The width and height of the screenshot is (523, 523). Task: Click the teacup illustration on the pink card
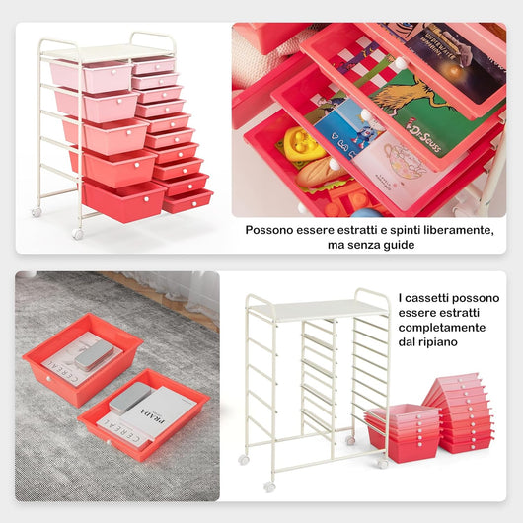pyautogui.click(x=404, y=160)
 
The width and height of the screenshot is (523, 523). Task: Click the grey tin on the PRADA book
pyautogui.click(x=129, y=396)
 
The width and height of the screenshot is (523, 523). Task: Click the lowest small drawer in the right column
pyautogui.click(x=187, y=201)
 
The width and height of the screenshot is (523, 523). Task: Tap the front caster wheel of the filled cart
pyautogui.click(x=77, y=234)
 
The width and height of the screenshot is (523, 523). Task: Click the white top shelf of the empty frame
pyautogui.click(x=317, y=309)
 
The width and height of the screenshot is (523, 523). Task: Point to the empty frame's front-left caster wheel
pyautogui.click(x=269, y=486)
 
